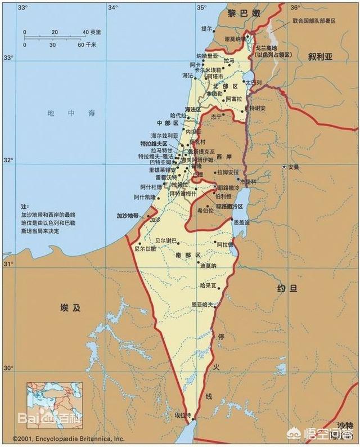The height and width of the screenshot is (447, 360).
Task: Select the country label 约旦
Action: pyautogui.click(x=286, y=289)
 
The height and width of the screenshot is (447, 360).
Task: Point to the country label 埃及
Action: pyautogui.click(x=70, y=307)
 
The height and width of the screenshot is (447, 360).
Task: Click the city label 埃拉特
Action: pyautogui.click(x=182, y=415)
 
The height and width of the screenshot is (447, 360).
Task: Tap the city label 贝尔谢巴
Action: pyautogui.click(x=158, y=240)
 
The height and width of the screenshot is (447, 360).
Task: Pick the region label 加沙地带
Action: pyautogui.click(x=128, y=216)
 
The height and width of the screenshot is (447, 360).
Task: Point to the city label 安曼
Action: pyautogui.click(x=293, y=167)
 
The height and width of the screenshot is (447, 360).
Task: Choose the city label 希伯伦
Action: pyautogui.click(x=205, y=211)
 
